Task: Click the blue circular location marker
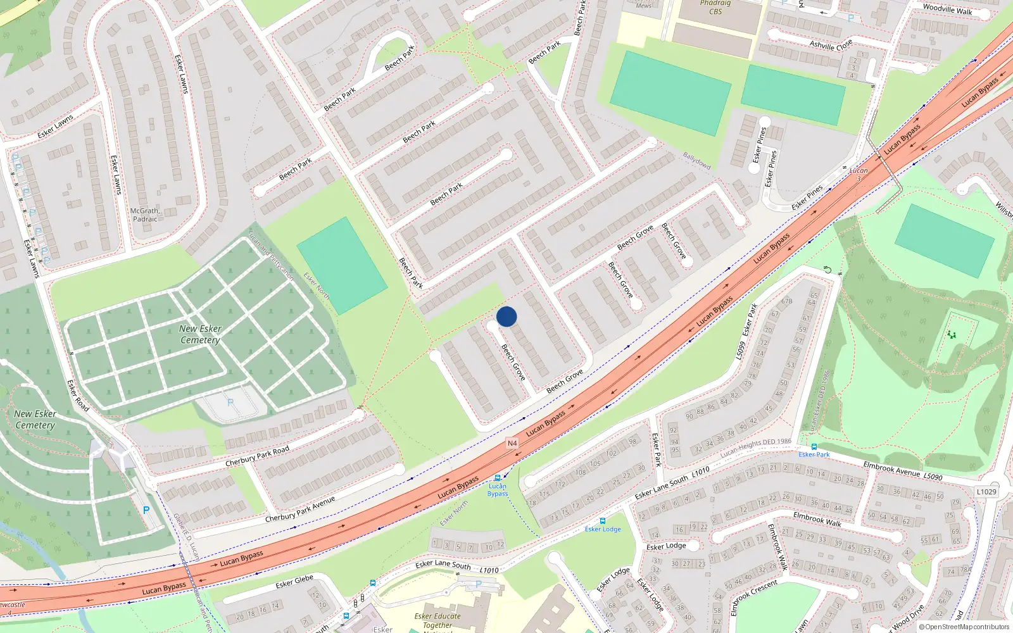click(x=507, y=316)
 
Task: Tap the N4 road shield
click(x=512, y=443)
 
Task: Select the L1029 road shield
click(x=986, y=491)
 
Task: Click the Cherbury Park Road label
click(x=257, y=456)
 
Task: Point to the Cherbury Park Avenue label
click(x=299, y=510)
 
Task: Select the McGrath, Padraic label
click(x=145, y=215)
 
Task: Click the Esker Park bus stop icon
click(x=814, y=446)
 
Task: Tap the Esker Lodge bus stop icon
click(x=602, y=521)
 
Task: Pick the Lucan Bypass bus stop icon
click(x=498, y=478)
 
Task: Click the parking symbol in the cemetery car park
click(x=230, y=403)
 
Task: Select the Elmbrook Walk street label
click(x=817, y=520)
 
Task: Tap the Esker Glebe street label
click(x=294, y=581)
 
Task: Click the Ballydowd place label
click(x=696, y=161)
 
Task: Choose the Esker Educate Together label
click(x=437, y=620)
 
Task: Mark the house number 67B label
click(x=786, y=301)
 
